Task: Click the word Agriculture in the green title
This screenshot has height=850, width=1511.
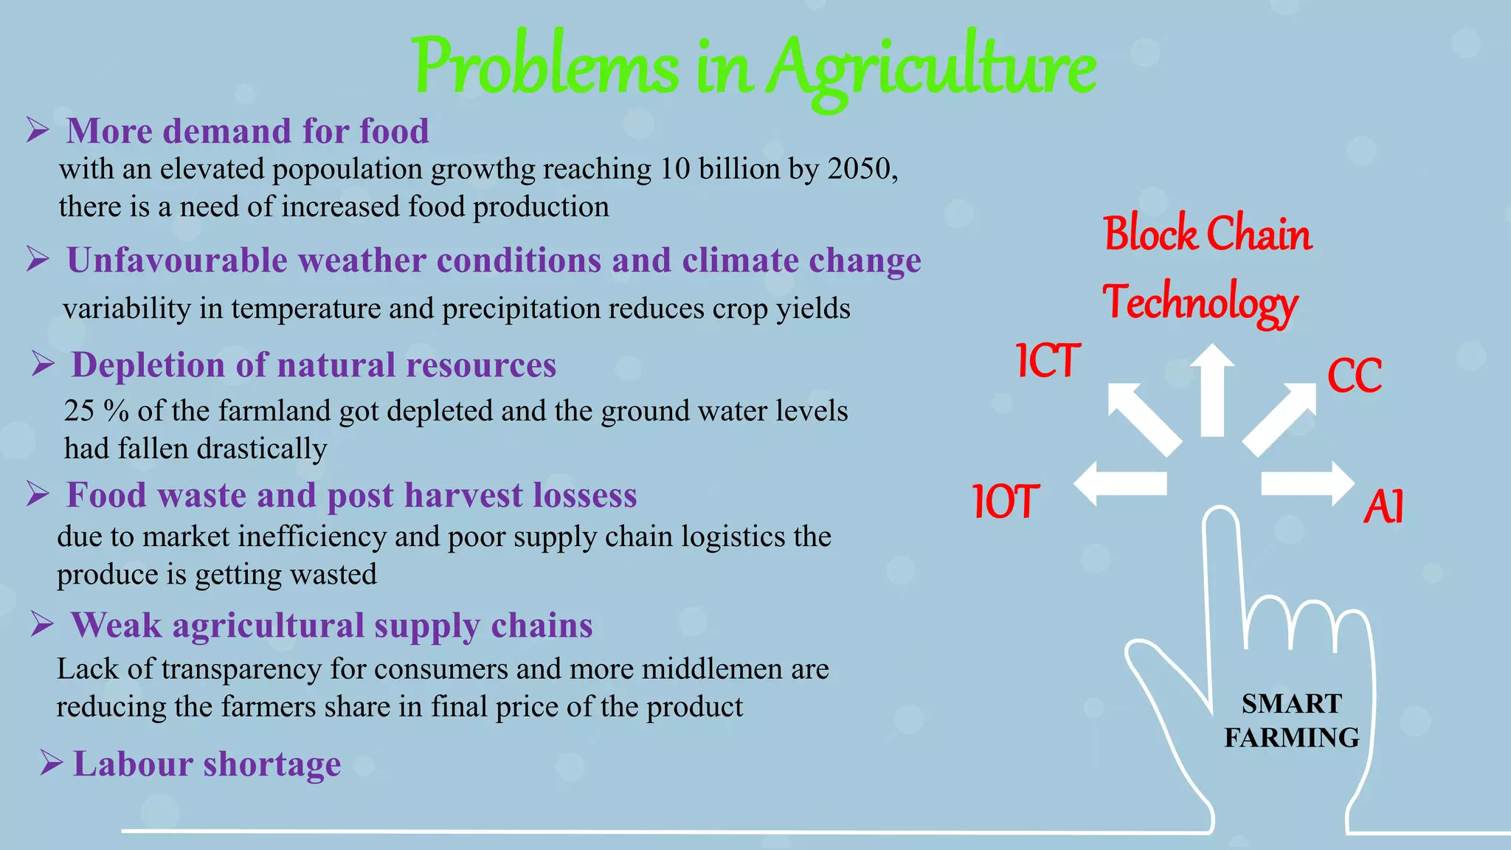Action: (x=931, y=68)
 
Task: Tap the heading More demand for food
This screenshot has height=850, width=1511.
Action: (x=247, y=131)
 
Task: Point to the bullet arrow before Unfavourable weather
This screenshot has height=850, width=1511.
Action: (x=38, y=260)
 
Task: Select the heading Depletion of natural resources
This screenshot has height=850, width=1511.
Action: (x=314, y=365)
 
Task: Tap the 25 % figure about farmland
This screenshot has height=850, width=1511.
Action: (x=96, y=411)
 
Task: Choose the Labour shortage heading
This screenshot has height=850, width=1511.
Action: (x=207, y=764)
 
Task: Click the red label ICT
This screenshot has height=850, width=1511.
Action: (x=1048, y=361)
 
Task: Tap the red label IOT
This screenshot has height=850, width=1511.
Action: (x=1006, y=502)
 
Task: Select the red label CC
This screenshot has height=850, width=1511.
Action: (x=1354, y=376)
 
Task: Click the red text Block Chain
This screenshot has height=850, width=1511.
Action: (x=1207, y=235)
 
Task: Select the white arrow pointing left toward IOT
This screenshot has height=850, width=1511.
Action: (x=1119, y=484)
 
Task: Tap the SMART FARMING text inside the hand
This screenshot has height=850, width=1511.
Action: (x=1291, y=720)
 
